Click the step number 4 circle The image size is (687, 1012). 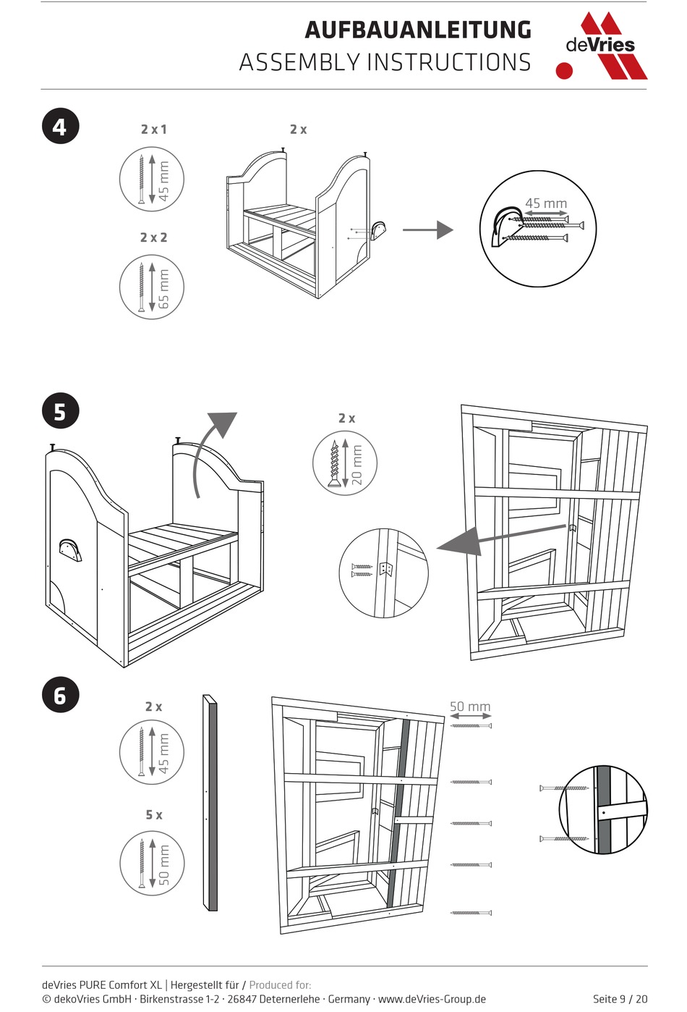point(60,127)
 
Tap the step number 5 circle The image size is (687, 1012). point(60,411)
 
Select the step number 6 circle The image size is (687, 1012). point(60,695)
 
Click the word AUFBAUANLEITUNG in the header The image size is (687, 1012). point(418,30)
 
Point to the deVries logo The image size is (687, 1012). point(601,45)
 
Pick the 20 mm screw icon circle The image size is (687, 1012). point(345,463)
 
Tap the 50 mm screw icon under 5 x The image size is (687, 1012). point(152,863)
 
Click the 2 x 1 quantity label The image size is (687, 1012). point(153,130)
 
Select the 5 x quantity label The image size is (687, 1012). point(153,815)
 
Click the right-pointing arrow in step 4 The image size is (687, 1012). point(427,230)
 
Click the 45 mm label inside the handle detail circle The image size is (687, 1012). point(546,204)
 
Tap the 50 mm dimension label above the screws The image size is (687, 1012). point(470,707)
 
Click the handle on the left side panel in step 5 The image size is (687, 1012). point(69,549)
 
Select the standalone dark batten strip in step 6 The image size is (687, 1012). point(210,804)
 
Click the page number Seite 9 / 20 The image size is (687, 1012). point(620,999)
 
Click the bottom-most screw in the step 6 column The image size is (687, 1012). point(471,913)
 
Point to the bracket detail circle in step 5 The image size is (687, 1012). point(383,573)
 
